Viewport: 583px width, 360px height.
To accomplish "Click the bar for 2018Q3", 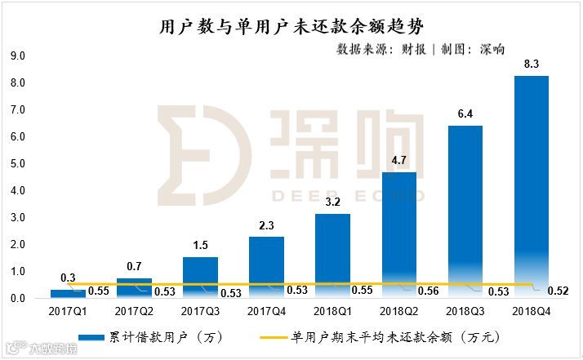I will click(465, 211).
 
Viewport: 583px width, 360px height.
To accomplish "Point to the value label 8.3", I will click(531, 63).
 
